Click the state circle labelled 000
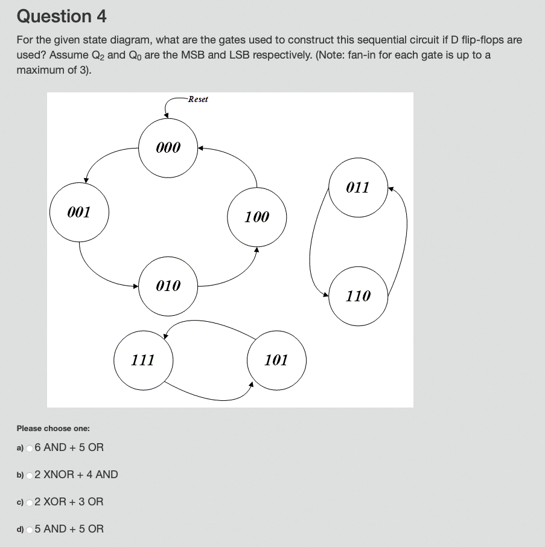pos(168,147)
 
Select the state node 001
pos(79,212)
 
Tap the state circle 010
pos(168,286)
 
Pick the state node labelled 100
pos(257,217)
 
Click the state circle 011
pos(358,187)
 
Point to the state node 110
pos(358,296)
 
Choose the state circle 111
pos(143,360)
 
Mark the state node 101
pos(276,360)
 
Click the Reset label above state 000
pos(198,99)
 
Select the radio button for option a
pos(30,448)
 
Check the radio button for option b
pos(30,475)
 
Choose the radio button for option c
pos(30,502)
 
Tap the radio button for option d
pos(30,529)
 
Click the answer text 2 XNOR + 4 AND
pos(77,475)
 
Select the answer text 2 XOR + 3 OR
pos(69,502)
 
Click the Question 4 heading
pos(62,16)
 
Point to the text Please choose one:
pos(53,428)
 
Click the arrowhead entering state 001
pos(87,179)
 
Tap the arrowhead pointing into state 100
pos(257,248)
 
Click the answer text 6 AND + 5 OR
pos(69,447)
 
